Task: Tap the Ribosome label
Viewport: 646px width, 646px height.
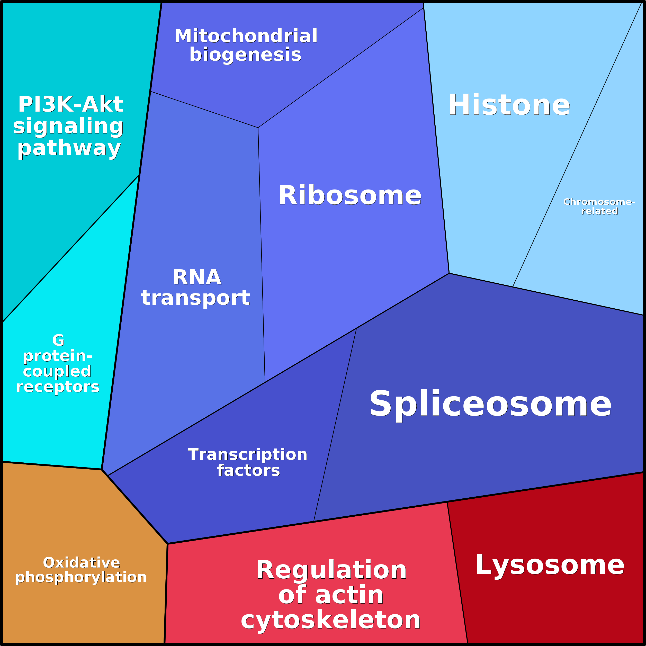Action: pyautogui.click(x=350, y=196)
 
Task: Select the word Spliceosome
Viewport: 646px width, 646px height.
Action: pyautogui.click(x=490, y=404)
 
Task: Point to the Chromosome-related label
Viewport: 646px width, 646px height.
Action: pyautogui.click(x=599, y=206)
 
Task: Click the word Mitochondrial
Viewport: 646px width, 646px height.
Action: pyautogui.click(x=246, y=36)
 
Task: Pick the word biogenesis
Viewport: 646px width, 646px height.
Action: pyautogui.click(x=245, y=55)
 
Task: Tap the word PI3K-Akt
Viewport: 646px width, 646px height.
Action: pyautogui.click(x=70, y=104)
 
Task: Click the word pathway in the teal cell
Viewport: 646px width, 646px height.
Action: pyautogui.click(x=69, y=148)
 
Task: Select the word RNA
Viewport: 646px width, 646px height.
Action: pyautogui.click(x=197, y=277)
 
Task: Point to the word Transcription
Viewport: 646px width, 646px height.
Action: pyautogui.click(x=247, y=455)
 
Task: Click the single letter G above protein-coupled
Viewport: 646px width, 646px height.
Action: pyautogui.click(x=58, y=340)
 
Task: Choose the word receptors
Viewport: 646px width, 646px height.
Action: pyautogui.click(x=58, y=387)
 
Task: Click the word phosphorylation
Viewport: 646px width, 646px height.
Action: pyautogui.click(x=81, y=577)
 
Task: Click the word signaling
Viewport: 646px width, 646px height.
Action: pyautogui.click(x=69, y=126)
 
